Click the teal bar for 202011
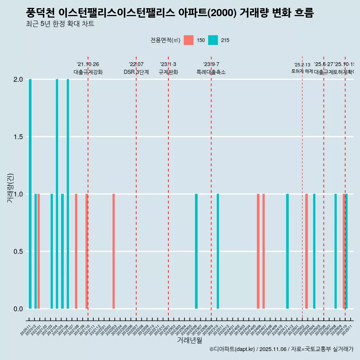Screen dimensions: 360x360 tap(30, 194)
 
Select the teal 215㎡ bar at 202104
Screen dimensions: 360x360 tap(57, 194)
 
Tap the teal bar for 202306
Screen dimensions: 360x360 tap(196, 251)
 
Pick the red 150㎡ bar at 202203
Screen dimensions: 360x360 tap(114, 251)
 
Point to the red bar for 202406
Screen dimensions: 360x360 tap(258, 251)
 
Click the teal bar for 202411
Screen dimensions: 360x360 tap(287, 251)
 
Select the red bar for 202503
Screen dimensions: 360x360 tap(306, 251)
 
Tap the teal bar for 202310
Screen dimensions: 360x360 tap(218, 251)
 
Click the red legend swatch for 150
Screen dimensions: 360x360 tap(189, 40)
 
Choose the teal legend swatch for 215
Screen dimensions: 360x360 tap(213, 40)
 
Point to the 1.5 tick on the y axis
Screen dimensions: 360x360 tap(18, 137)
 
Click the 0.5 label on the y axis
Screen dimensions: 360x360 tap(18, 251)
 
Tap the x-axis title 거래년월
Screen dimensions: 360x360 tap(190, 340)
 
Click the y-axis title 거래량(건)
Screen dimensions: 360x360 tap(10, 188)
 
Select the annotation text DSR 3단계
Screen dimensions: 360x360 tap(136, 72)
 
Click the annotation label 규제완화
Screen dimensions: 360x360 tap(168, 72)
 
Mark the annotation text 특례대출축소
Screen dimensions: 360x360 tap(211, 72)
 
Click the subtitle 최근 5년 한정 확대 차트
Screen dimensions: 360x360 tap(60, 24)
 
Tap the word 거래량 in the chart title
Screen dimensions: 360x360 tap(256, 13)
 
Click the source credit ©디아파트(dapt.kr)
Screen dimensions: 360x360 tap(232, 349)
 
